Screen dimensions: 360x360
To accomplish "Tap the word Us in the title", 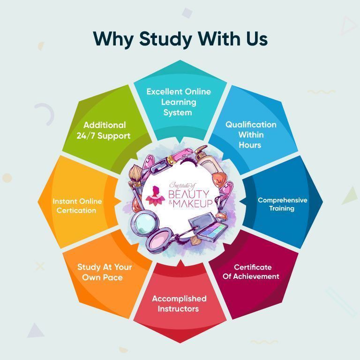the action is coord(257,38).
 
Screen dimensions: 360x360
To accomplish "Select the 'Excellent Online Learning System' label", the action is coord(179,102).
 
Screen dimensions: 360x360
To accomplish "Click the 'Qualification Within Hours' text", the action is coord(251,135).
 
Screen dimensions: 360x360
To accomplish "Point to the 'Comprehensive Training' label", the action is coord(282,204).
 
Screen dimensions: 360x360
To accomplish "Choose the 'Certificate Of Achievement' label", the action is coord(251,271).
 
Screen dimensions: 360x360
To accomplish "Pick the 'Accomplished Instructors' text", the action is coord(179,303).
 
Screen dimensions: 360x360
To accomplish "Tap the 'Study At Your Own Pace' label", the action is coord(105,272).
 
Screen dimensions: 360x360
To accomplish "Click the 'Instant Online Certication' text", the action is coord(77,206).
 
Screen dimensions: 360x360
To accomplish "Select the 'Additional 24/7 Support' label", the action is coord(104,130).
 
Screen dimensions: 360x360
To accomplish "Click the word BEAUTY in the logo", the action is coord(189,194).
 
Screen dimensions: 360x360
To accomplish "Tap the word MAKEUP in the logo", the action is coord(193,203).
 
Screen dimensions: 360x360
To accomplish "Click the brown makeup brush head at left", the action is coord(135,174).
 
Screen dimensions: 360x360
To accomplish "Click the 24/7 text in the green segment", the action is coord(86,135).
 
